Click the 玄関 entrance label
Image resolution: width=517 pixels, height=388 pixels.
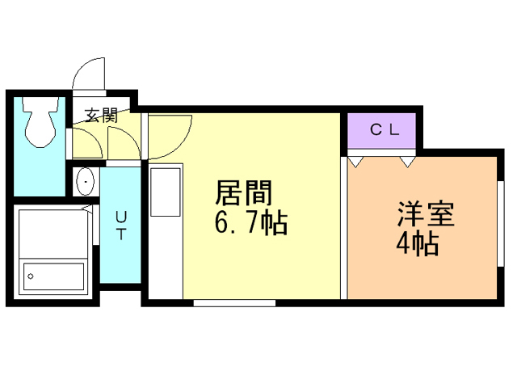tap(103, 116)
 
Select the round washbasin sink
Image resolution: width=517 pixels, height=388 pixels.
tap(85, 183)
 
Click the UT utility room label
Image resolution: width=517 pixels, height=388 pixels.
tap(121, 226)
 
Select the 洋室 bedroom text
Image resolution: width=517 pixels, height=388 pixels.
tap(427, 215)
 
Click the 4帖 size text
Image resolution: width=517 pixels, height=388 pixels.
tap(418, 243)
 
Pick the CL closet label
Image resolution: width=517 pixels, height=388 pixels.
tap(381, 129)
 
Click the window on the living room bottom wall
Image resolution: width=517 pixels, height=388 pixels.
tap(234, 303)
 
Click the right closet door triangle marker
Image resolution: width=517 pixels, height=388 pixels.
tap(407, 161)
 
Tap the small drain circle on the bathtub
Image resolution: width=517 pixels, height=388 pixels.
tap(31, 276)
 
